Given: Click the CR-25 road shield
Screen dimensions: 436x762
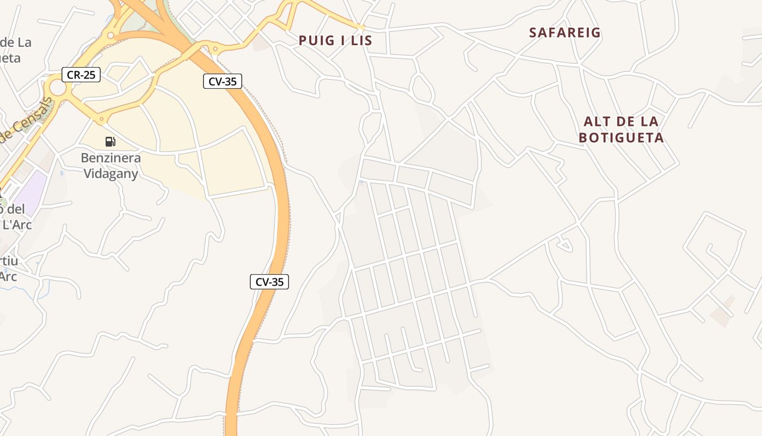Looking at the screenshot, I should [x=81, y=75].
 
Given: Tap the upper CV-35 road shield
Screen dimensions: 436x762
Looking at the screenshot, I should [x=222, y=81].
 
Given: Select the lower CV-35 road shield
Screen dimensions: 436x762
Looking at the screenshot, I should [x=269, y=282].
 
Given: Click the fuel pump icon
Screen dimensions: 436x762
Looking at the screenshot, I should [x=110, y=142].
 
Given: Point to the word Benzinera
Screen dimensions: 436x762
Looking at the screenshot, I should [x=110, y=158].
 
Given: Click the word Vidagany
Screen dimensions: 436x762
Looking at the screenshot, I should [x=110, y=174].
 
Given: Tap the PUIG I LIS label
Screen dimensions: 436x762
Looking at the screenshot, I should [x=335, y=40].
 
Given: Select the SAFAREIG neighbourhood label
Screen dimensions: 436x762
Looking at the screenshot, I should [x=565, y=33].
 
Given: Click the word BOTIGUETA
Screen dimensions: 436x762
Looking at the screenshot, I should [x=621, y=138].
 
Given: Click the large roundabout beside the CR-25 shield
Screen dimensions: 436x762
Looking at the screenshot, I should [x=57, y=87].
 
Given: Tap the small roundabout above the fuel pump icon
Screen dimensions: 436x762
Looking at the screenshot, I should [x=101, y=119].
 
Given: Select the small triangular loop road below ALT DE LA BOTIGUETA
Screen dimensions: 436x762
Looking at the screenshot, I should [x=564, y=245].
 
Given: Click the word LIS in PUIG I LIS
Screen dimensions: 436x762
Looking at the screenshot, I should [x=361, y=40].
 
